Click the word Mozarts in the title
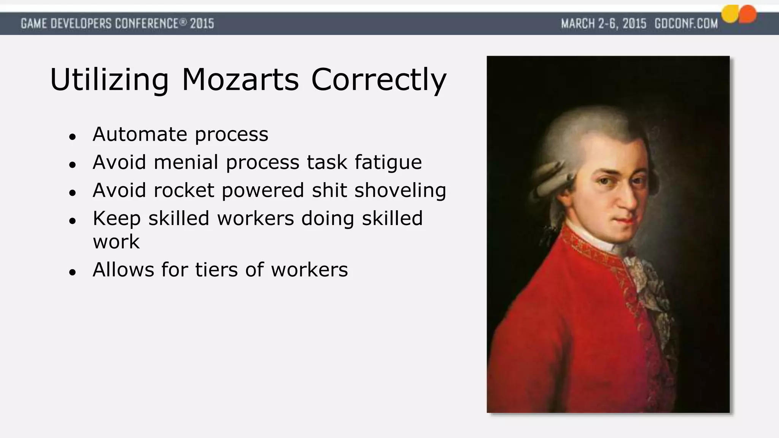click(x=240, y=80)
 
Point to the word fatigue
click(x=388, y=163)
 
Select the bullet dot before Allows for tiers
click(x=73, y=272)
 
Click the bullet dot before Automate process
click(x=73, y=137)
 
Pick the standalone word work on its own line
click(x=116, y=242)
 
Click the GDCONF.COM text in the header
click(x=686, y=24)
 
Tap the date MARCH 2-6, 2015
click(x=604, y=24)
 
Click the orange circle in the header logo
click(x=747, y=14)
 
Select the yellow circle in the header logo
click(x=730, y=14)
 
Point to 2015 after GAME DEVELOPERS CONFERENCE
click(x=202, y=24)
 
